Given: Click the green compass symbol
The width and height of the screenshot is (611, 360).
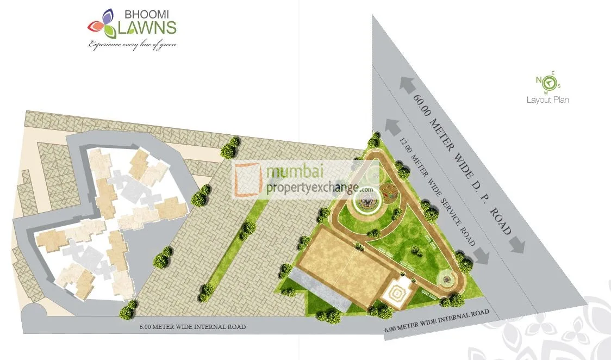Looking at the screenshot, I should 549,82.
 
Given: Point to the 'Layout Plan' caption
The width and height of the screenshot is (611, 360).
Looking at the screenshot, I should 547,100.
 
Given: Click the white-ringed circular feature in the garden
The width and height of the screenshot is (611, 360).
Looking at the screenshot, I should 365,203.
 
